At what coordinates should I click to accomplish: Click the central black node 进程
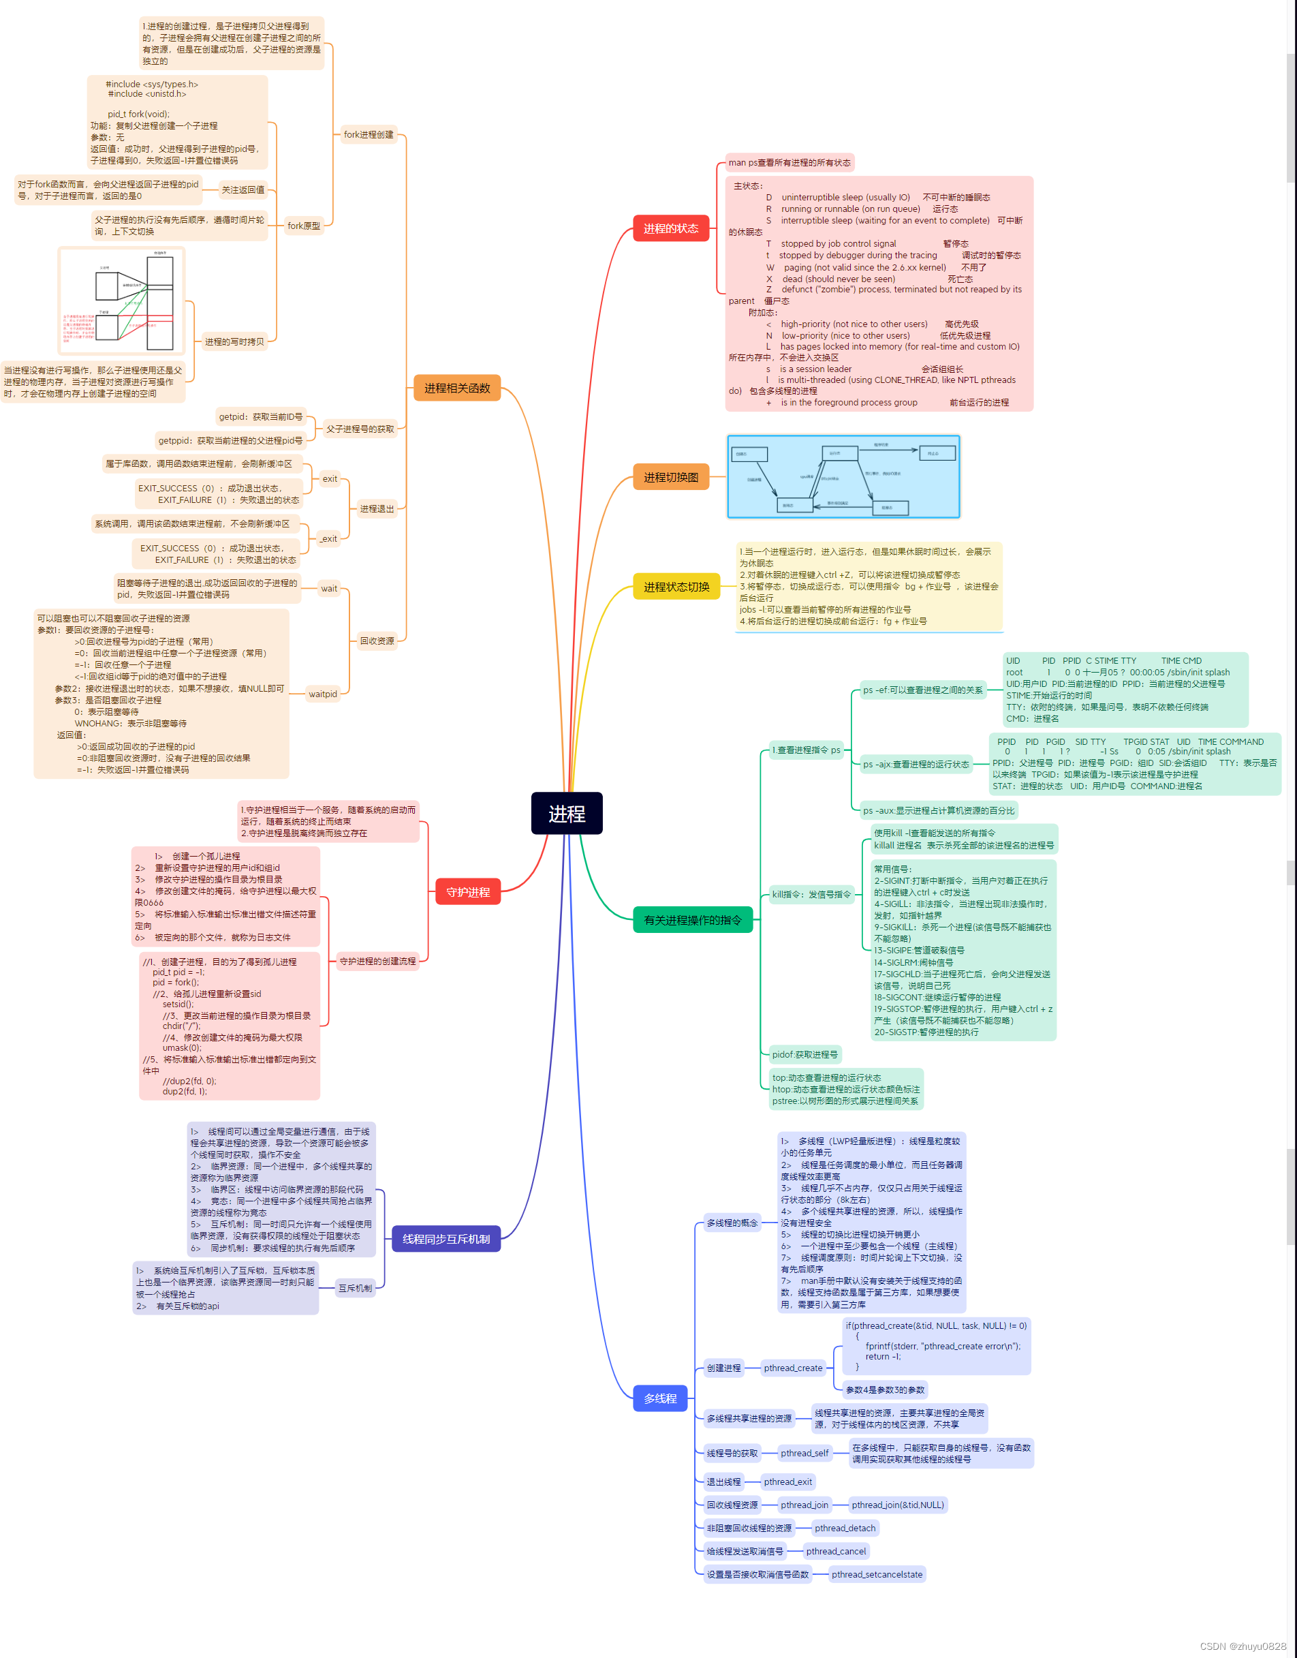tap(567, 814)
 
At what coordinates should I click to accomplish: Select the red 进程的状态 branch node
tap(670, 228)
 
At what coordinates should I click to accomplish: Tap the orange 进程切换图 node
tap(670, 477)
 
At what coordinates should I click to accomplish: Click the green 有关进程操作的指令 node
tap(692, 920)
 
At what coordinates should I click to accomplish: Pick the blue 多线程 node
tap(660, 1398)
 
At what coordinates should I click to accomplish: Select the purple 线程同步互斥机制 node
tap(446, 1239)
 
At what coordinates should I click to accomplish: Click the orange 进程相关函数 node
tap(456, 388)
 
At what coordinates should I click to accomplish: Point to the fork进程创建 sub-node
tap(369, 135)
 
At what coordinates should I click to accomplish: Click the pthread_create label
tap(793, 1368)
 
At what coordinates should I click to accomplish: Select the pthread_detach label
tap(845, 1528)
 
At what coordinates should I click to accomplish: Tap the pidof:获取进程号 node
tap(805, 1054)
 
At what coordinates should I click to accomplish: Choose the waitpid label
tap(322, 694)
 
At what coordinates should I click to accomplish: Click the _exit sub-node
tap(328, 539)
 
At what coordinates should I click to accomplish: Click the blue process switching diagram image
tap(843, 477)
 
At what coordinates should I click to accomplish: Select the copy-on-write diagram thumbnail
tap(121, 301)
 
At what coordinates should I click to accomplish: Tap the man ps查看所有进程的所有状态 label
tap(789, 163)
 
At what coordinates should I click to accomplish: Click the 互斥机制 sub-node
tap(355, 1288)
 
